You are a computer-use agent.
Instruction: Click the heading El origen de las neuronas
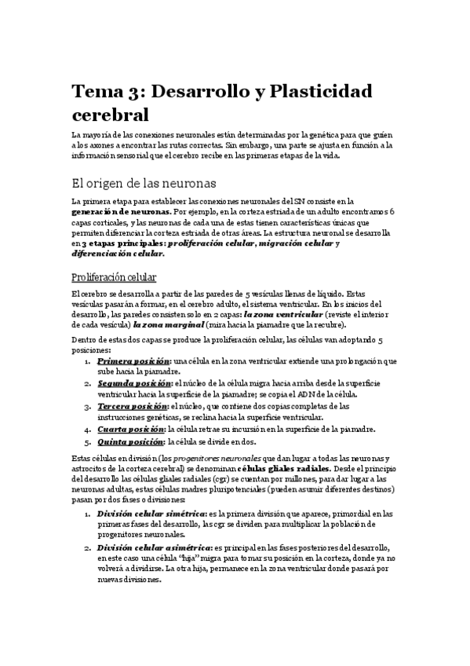click(143, 183)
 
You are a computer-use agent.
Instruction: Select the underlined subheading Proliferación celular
click(114, 277)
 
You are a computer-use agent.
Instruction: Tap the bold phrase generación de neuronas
click(121, 212)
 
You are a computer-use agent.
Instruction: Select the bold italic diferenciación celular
click(118, 254)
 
